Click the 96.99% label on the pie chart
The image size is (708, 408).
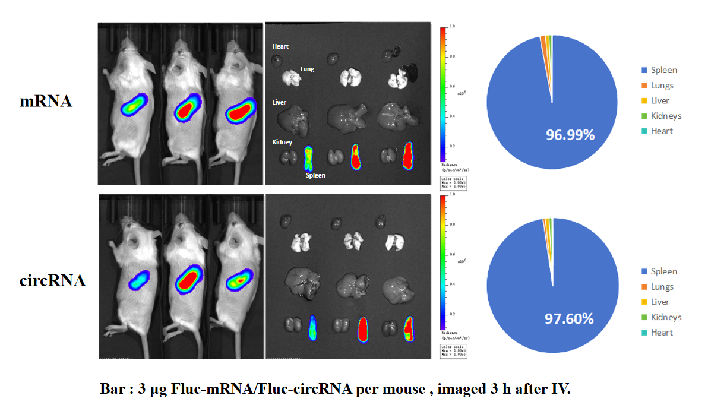tap(570, 135)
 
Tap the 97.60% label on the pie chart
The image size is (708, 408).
tap(569, 319)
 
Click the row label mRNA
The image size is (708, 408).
tap(46, 101)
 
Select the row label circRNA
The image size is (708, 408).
tap(52, 280)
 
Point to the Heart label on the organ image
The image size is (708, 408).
tap(280, 46)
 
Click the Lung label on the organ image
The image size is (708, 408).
tap(307, 69)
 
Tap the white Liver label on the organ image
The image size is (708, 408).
tap(279, 102)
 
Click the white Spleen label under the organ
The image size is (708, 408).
tap(315, 176)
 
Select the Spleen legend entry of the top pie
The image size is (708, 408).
tap(663, 70)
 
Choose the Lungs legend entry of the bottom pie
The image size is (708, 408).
tap(662, 287)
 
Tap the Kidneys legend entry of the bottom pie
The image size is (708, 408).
tap(665, 317)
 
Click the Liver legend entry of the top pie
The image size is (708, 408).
tap(660, 101)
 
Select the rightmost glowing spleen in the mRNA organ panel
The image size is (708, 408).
tap(407, 156)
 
